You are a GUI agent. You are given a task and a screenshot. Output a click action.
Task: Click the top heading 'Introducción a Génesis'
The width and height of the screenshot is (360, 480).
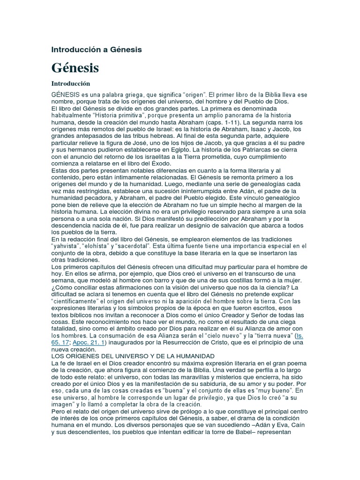96,49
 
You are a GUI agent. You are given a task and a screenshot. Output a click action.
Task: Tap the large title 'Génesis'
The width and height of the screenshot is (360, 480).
75,67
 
